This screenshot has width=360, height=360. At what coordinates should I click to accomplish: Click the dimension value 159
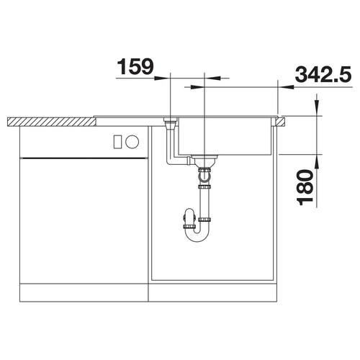[x=135, y=66]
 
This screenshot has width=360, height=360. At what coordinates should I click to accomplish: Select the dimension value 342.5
[x=323, y=74]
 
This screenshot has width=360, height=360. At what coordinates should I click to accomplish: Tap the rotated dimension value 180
[x=305, y=187]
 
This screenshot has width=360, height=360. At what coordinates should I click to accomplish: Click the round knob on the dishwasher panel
[x=132, y=142]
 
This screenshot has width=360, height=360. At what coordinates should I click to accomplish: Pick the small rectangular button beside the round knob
[x=117, y=142]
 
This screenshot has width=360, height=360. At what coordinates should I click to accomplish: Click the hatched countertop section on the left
[x=51, y=122]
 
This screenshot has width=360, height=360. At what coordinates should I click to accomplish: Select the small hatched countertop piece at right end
[x=280, y=122]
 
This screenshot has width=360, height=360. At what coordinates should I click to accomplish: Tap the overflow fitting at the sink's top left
[x=170, y=123]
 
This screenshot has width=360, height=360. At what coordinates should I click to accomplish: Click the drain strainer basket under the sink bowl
[x=204, y=161]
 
